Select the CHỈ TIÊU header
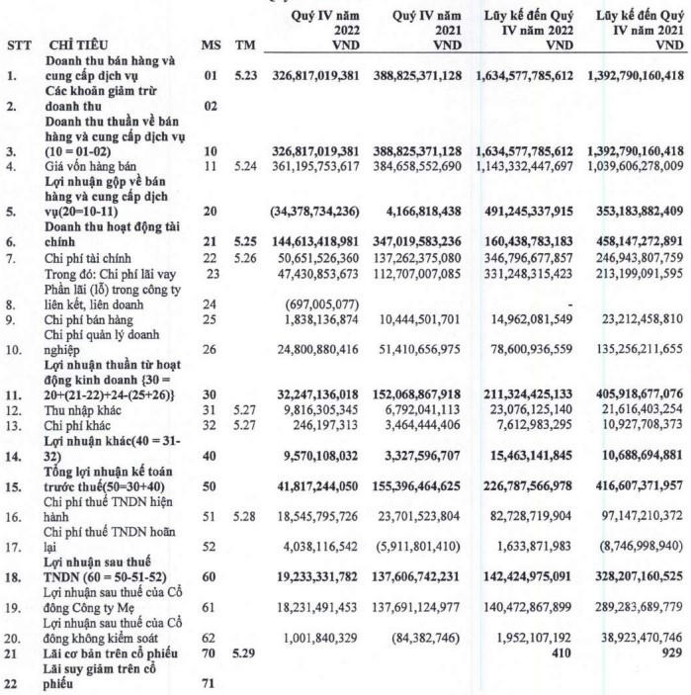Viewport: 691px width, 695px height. point(77,45)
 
